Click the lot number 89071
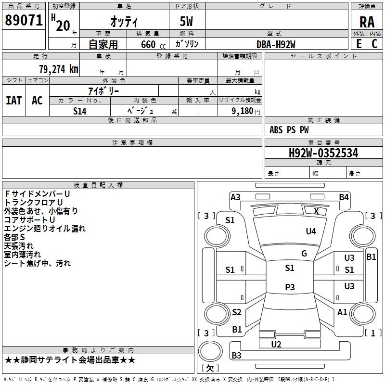(x=23, y=21)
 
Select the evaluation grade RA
(x=367, y=22)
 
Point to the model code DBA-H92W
(x=276, y=44)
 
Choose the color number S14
(x=80, y=111)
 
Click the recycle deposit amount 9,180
(x=242, y=111)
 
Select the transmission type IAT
(x=13, y=100)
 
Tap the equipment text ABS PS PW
(x=289, y=130)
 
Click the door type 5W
(x=187, y=22)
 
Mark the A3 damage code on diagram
(x=235, y=197)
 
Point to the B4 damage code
(x=344, y=197)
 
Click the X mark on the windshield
(x=316, y=211)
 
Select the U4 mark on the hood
(x=311, y=231)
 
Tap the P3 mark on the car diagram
(x=290, y=287)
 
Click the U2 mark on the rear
(x=276, y=344)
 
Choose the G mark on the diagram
(x=304, y=254)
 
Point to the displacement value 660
(x=148, y=44)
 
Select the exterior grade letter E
(x=359, y=44)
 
